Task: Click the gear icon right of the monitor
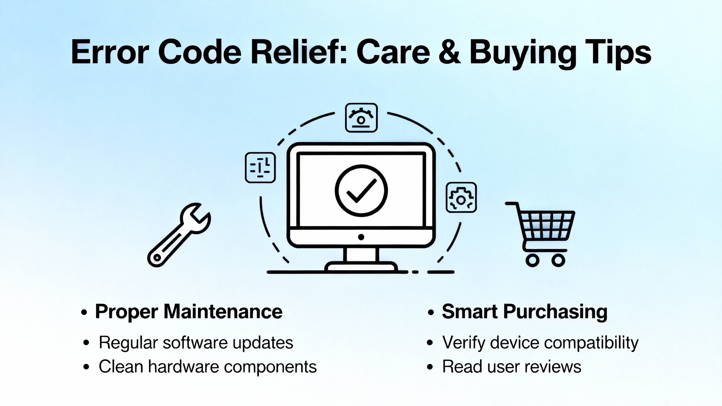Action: (461, 197)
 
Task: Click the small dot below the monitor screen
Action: (361, 237)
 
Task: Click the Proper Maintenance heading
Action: (189, 312)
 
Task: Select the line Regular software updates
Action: (196, 343)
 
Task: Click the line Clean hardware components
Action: (208, 367)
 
